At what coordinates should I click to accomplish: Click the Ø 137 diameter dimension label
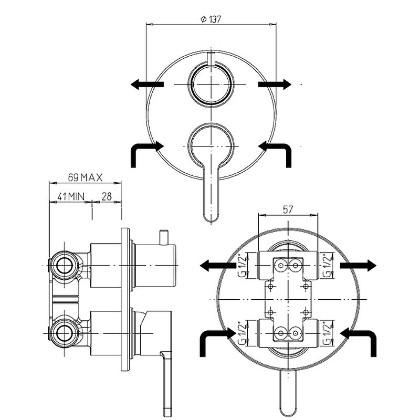click(211, 19)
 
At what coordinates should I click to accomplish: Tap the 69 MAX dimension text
click(85, 177)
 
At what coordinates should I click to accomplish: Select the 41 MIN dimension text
click(71, 196)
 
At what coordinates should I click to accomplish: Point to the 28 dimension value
click(107, 196)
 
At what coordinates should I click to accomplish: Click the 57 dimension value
click(288, 209)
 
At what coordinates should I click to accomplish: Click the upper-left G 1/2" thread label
click(242, 266)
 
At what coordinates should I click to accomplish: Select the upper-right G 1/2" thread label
click(327, 266)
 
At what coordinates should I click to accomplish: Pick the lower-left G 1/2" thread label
click(242, 333)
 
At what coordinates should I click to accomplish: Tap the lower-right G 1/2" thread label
click(327, 333)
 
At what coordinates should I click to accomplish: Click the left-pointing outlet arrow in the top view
click(147, 85)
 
